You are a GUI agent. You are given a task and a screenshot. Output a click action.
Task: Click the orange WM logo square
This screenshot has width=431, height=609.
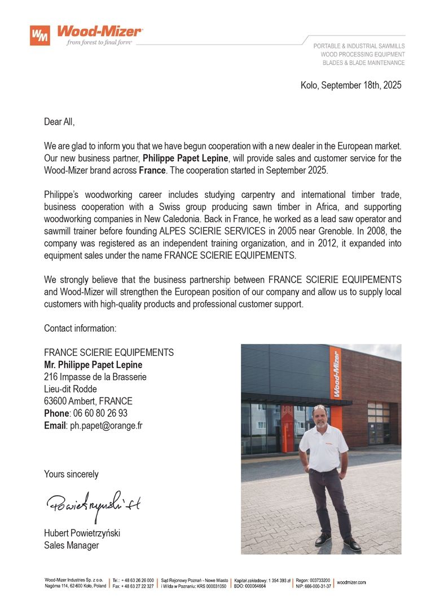[x=40, y=36]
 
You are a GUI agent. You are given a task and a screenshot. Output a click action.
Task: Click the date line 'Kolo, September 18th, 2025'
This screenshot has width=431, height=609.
[x=351, y=85]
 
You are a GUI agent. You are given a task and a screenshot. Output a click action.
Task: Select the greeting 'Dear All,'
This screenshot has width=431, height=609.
[x=59, y=122]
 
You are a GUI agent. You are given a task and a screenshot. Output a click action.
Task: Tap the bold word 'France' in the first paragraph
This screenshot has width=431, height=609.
[x=152, y=170]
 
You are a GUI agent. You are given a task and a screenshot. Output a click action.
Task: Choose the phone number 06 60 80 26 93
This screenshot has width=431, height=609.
[x=100, y=413]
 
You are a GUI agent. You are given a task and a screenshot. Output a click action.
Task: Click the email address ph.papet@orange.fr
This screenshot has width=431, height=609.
[x=106, y=425]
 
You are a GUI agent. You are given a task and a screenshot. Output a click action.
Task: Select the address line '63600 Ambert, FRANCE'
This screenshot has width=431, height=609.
[x=88, y=401]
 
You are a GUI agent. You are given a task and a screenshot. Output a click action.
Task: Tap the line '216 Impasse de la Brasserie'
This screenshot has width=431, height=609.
[x=95, y=377]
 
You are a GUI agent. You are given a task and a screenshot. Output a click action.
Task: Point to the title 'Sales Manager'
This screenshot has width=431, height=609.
[x=71, y=545]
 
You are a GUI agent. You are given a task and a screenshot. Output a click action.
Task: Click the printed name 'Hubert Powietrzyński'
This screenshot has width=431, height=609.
[x=82, y=533]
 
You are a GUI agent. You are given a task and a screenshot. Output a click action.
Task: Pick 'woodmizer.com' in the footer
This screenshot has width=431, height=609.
[x=351, y=582]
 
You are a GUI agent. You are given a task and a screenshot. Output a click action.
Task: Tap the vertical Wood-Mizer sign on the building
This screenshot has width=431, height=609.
[x=336, y=374]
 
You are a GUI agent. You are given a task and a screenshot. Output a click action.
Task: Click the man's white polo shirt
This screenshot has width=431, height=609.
[x=324, y=448]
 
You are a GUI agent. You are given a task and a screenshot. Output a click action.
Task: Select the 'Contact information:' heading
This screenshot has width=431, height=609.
[x=80, y=328]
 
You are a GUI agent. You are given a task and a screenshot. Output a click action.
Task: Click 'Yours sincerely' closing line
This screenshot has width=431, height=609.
[x=71, y=474]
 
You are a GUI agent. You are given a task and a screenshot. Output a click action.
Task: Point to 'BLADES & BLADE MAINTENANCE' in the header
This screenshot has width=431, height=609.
[x=363, y=63]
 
